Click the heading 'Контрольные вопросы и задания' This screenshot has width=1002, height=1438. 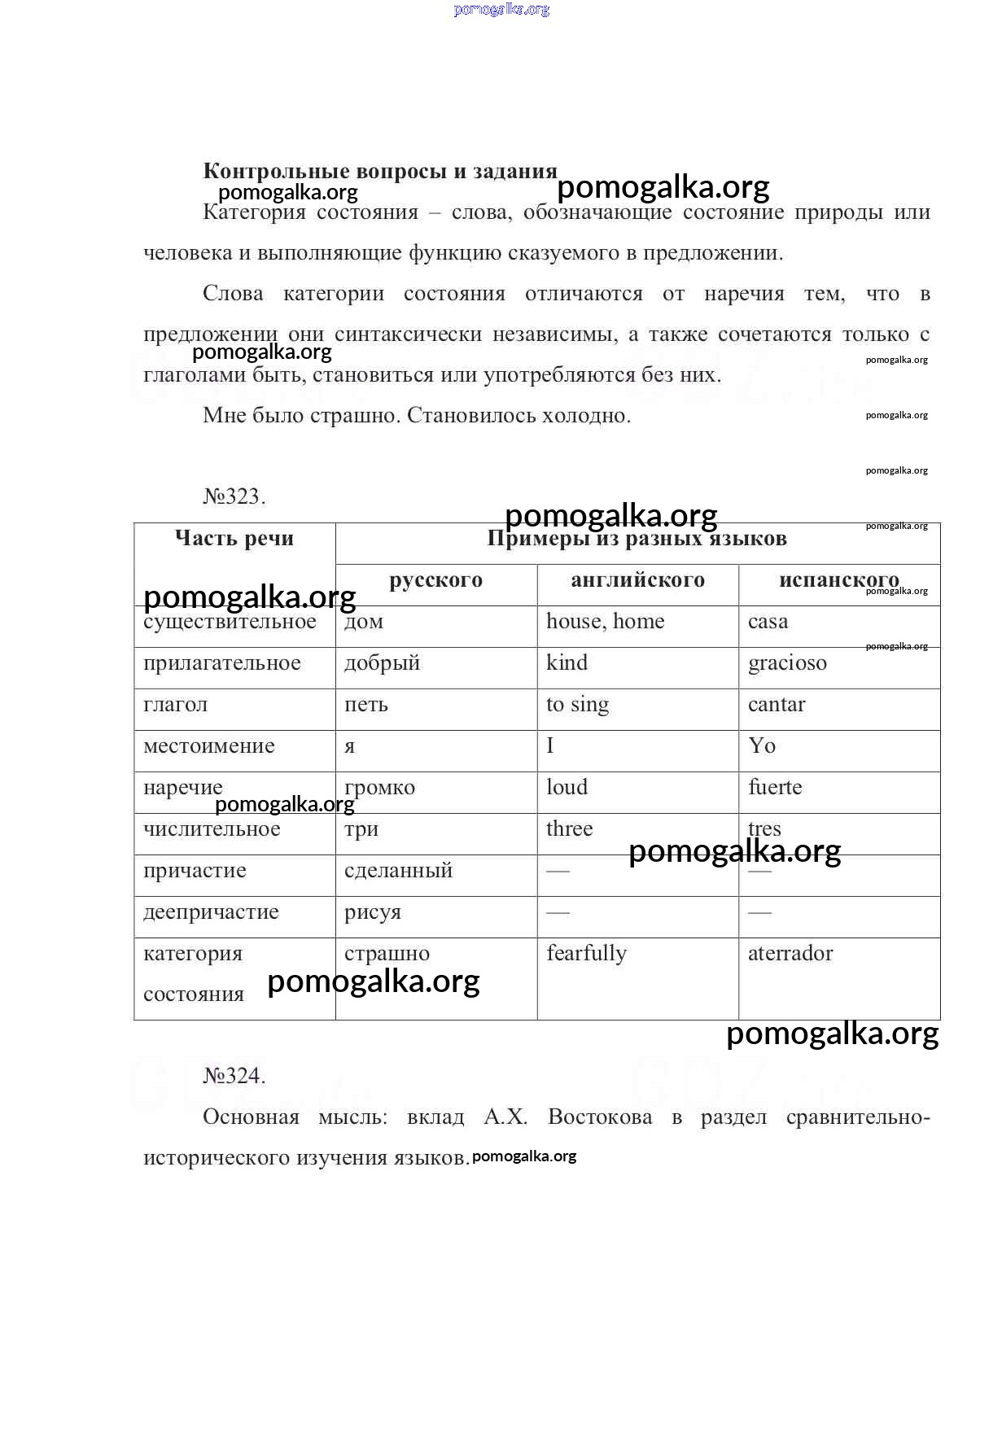379,171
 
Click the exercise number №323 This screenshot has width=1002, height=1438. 234,496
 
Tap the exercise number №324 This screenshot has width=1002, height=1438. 234,1076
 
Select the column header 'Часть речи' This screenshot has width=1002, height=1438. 234,538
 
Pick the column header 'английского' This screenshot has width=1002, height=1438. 637,579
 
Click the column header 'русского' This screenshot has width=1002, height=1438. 435,579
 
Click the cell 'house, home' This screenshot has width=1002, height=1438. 605,622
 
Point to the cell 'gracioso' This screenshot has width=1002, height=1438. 787,663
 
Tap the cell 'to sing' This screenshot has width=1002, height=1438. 577,705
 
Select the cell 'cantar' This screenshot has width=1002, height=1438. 777,705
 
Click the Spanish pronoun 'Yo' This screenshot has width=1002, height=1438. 762,746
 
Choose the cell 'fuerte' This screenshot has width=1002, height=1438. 775,788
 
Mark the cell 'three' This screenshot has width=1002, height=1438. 569,829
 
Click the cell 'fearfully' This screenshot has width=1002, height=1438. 586,954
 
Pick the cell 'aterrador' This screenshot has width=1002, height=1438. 790,954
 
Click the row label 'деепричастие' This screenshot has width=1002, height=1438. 211,912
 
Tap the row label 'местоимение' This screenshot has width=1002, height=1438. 209,746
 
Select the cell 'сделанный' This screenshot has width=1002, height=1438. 398,871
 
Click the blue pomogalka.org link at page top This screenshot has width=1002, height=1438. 501,10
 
